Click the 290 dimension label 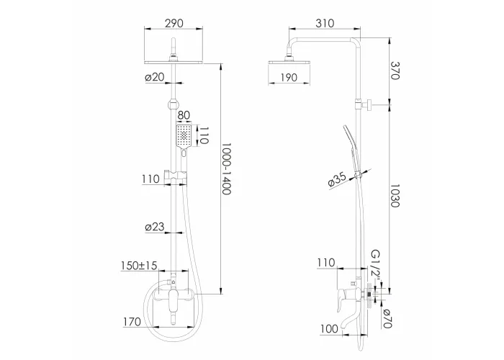pyautogui.click(x=174, y=23)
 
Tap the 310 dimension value pyautogui.click(x=325, y=23)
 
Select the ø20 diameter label pyautogui.click(x=155, y=77)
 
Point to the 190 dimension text pyautogui.click(x=289, y=78)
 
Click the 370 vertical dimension pyautogui.click(x=395, y=71)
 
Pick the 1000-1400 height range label pyautogui.click(x=227, y=168)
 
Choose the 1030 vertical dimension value pyautogui.click(x=395, y=196)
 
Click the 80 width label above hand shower pyautogui.click(x=184, y=115)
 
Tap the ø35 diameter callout pyautogui.click(x=337, y=179)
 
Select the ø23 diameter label pyautogui.click(x=155, y=227)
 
